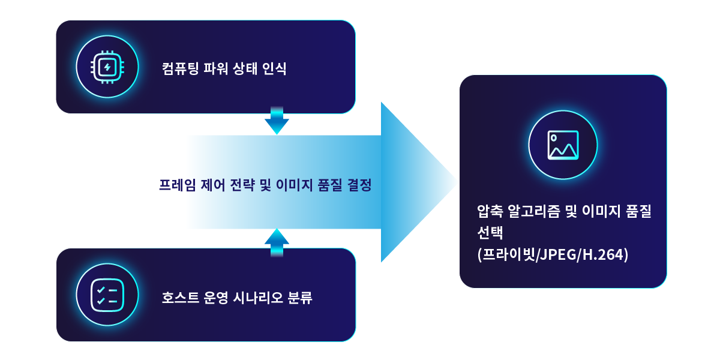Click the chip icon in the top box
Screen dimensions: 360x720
(x=107, y=67)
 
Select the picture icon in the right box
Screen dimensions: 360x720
(x=563, y=145)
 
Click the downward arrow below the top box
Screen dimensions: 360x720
(x=277, y=121)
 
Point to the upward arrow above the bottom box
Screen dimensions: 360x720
(x=277, y=241)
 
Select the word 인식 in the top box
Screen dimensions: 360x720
(x=275, y=69)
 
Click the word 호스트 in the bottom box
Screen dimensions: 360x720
(x=178, y=298)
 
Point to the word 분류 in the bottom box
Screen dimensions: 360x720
(x=300, y=298)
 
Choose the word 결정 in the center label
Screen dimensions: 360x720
(x=359, y=185)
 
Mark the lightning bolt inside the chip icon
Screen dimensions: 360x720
(x=107, y=67)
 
